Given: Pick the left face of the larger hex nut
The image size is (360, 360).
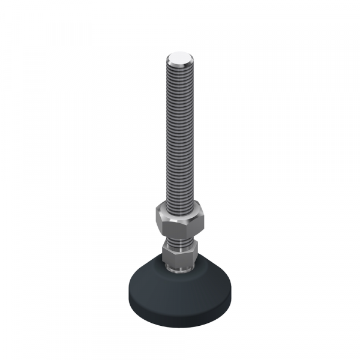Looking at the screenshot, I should click(161, 223).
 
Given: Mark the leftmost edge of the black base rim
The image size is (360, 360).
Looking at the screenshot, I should click(127, 290).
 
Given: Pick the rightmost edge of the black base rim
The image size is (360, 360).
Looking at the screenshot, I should click(232, 290).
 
